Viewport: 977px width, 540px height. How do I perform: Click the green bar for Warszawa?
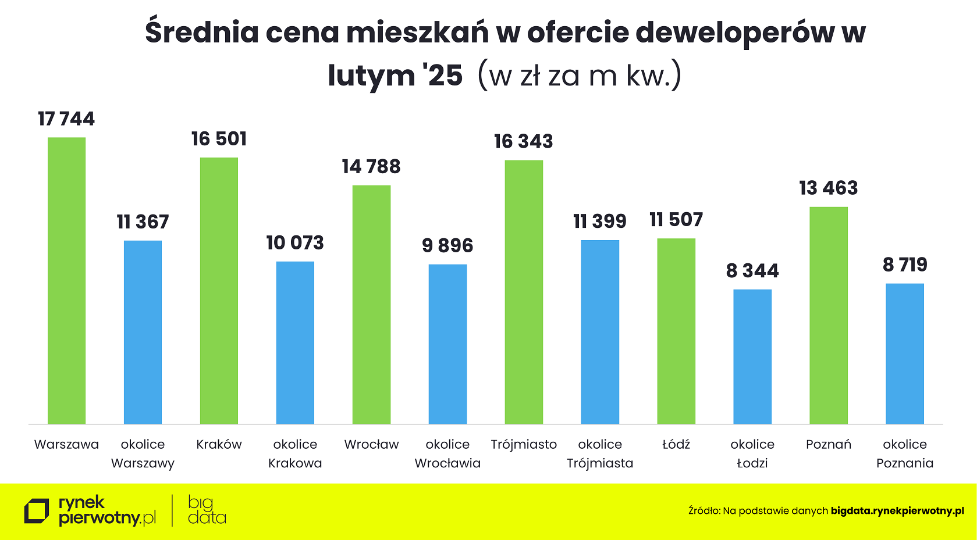click(66, 281)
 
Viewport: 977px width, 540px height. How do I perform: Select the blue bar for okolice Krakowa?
click(295, 343)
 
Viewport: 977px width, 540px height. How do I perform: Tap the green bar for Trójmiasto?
click(524, 292)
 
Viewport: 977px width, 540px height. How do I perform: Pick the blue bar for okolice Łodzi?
click(752, 356)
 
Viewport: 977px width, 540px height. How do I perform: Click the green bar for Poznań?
click(829, 315)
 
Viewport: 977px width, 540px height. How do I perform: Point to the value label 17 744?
click(66, 119)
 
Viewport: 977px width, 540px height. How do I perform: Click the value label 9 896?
click(447, 246)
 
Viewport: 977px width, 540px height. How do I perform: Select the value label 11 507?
click(676, 220)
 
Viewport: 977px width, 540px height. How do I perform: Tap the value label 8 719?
click(905, 265)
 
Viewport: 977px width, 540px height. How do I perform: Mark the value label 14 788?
click(371, 167)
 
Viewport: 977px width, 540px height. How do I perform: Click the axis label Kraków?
click(219, 445)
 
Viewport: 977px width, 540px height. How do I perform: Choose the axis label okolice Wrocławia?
click(447, 454)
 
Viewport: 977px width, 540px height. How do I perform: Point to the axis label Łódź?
click(676, 445)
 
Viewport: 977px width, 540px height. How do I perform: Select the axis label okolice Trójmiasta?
click(600, 454)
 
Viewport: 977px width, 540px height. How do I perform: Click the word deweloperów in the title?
click(734, 33)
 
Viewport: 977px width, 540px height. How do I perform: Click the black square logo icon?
click(36, 512)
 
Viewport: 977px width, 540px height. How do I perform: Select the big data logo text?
click(206, 510)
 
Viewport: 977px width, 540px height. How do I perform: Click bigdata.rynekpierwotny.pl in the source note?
click(897, 511)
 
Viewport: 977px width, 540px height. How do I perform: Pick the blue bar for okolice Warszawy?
click(143, 332)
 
